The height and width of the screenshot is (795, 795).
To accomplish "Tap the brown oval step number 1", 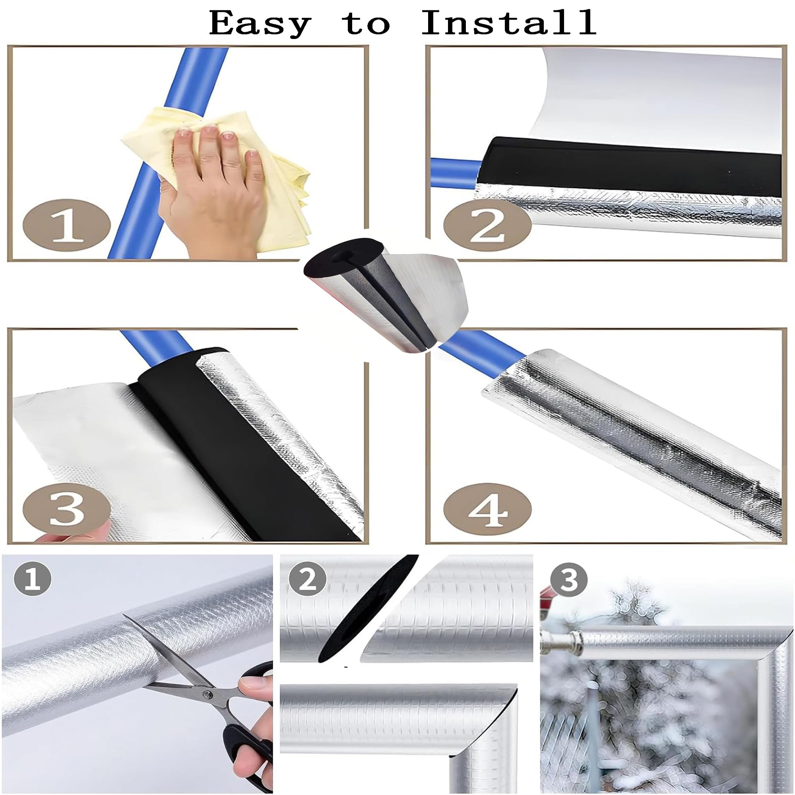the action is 66,226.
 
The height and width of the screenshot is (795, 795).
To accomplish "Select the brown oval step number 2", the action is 488,226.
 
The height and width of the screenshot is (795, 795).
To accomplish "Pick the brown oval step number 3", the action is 66,510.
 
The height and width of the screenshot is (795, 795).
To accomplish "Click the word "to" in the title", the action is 366,24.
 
